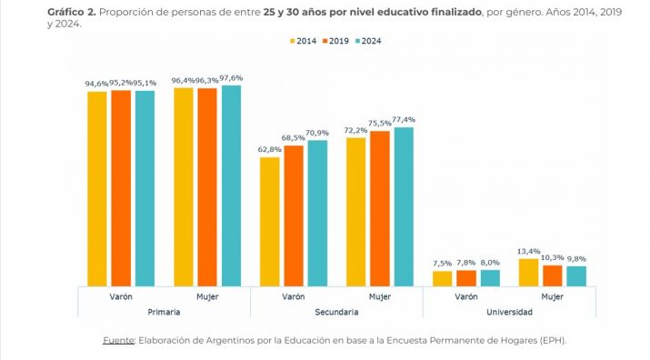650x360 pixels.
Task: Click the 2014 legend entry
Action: click(x=304, y=40)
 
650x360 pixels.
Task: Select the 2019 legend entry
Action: click(x=336, y=40)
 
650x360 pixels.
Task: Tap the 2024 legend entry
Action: click(x=370, y=40)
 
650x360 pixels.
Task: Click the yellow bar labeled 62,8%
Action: click(x=270, y=221)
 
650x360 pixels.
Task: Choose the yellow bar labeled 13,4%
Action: click(x=529, y=273)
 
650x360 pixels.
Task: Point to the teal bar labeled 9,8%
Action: click(x=576, y=276)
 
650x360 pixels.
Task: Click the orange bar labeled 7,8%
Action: click(x=465, y=278)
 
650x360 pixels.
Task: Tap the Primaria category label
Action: click(x=164, y=312)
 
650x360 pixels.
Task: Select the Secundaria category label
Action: click(x=336, y=312)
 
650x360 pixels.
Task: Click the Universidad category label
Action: click(x=509, y=312)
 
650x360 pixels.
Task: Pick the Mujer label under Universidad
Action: click(x=553, y=296)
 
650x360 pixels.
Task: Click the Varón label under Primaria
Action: click(x=121, y=296)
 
